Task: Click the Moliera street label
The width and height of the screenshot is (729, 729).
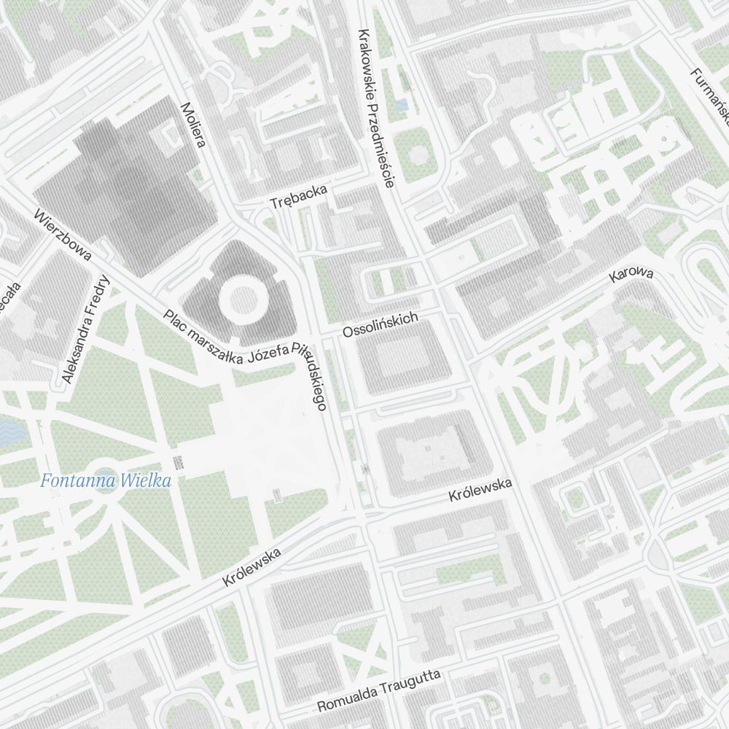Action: pyautogui.click(x=192, y=124)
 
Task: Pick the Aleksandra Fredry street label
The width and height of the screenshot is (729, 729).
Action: pyautogui.click(x=86, y=329)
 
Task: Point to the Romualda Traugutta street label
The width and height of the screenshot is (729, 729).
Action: pyautogui.click(x=379, y=692)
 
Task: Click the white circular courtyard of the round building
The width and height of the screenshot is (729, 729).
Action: pyautogui.click(x=239, y=298)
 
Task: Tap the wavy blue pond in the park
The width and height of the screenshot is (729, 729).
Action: pyautogui.click(x=12, y=432)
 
